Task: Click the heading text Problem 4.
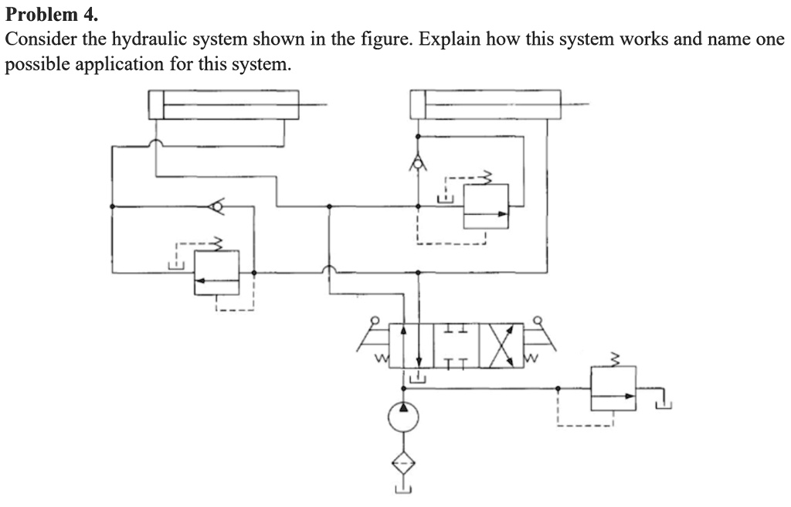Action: pyautogui.click(x=53, y=14)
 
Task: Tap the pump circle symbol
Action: pyautogui.click(x=402, y=417)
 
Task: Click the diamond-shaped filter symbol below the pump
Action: pyautogui.click(x=402, y=463)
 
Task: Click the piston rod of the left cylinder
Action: pyautogui.click(x=312, y=104)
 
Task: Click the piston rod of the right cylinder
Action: pyautogui.click(x=575, y=104)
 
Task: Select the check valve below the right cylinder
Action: pyautogui.click(x=418, y=163)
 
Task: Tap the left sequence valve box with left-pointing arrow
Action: pyautogui.click(x=216, y=272)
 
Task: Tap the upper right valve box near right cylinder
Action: pyautogui.click(x=486, y=206)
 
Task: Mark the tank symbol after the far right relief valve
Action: pyautogui.click(x=663, y=401)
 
